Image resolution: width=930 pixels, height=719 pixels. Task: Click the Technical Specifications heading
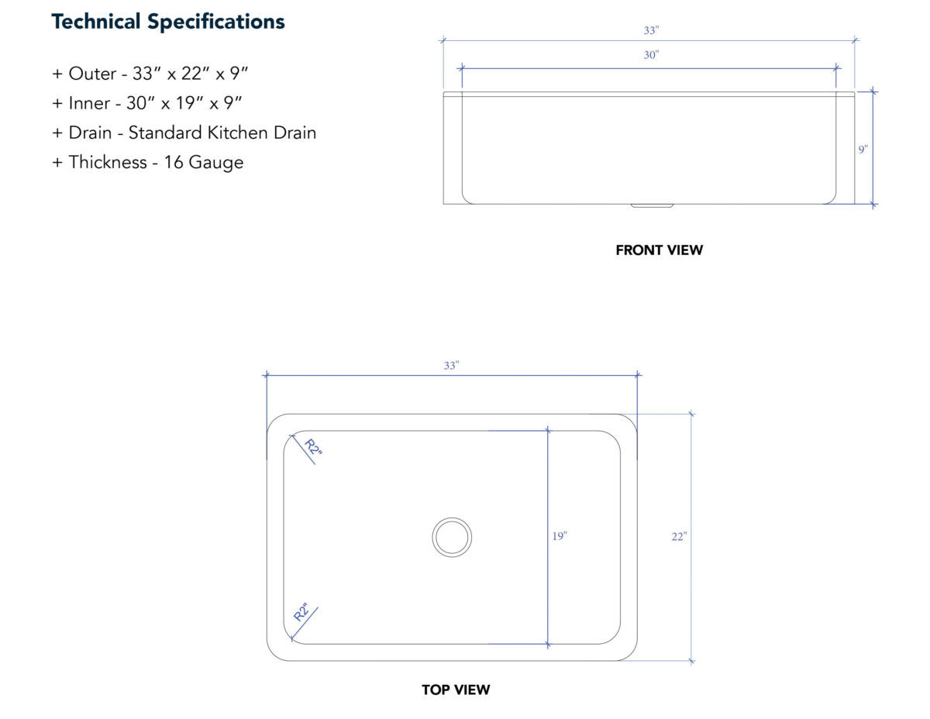pos(167,22)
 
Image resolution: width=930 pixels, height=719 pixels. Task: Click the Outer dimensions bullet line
pos(150,74)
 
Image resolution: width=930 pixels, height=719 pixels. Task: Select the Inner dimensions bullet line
pos(146,103)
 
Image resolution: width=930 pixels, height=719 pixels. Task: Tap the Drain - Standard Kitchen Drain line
pos(184,132)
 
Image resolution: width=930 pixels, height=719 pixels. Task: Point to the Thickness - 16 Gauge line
pos(148,163)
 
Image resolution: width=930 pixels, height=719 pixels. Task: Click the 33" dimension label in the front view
pos(651,30)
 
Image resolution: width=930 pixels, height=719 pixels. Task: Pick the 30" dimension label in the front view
pos(651,55)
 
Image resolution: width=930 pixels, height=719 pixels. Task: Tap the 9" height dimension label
pos(863,150)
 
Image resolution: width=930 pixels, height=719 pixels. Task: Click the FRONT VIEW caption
pos(659,250)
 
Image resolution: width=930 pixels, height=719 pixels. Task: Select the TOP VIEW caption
pos(456,690)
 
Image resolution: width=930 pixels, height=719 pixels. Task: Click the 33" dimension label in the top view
pos(452,365)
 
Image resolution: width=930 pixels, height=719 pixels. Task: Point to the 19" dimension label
pos(560,536)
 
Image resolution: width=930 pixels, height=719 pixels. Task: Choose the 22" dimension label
pos(679,536)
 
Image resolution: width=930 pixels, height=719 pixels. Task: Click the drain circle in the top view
pos(452,537)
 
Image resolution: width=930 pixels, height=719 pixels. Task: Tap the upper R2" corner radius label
pos(313,450)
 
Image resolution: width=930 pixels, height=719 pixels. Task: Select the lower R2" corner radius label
pos(301,612)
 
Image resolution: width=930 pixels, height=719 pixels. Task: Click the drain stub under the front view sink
pos(652,206)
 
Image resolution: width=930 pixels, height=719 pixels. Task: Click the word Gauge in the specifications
pos(216,163)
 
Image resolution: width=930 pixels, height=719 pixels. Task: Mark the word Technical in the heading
pos(96,22)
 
